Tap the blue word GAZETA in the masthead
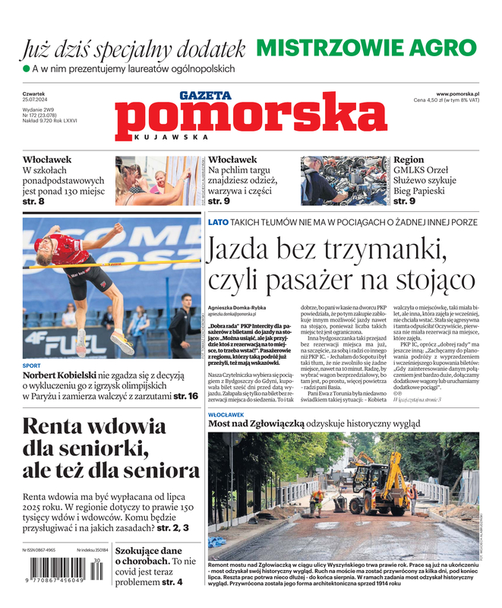point(205,96)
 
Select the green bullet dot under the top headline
point(26,69)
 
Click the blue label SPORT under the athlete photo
point(31,365)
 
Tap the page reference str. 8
point(33,201)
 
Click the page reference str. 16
point(188,396)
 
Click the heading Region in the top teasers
point(409,160)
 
